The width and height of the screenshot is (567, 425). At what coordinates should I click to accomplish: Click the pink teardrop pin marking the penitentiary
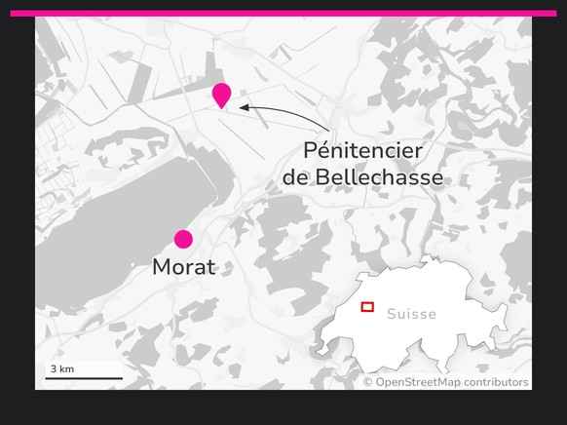tap(222, 94)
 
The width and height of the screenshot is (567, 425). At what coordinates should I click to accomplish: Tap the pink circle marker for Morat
tap(183, 239)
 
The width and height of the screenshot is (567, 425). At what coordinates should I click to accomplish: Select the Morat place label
tap(183, 267)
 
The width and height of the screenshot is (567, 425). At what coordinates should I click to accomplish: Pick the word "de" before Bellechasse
tap(294, 178)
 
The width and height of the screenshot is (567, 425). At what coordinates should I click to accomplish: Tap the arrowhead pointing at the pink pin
tap(244, 107)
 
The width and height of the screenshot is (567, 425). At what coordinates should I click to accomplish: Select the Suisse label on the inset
tap(411, 315)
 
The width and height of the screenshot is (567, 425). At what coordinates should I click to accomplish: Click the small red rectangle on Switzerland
tap(367, 307)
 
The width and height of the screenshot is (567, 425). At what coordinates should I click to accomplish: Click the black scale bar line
tap(84, 377)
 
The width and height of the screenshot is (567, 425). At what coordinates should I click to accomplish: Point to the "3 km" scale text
tap(61, 368)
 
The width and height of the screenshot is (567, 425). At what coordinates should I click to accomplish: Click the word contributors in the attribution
tap(496, 382)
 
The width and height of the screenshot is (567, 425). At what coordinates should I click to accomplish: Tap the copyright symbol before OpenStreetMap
tap(368, 382)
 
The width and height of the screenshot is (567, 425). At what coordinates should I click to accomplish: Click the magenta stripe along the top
tap(283, 14)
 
